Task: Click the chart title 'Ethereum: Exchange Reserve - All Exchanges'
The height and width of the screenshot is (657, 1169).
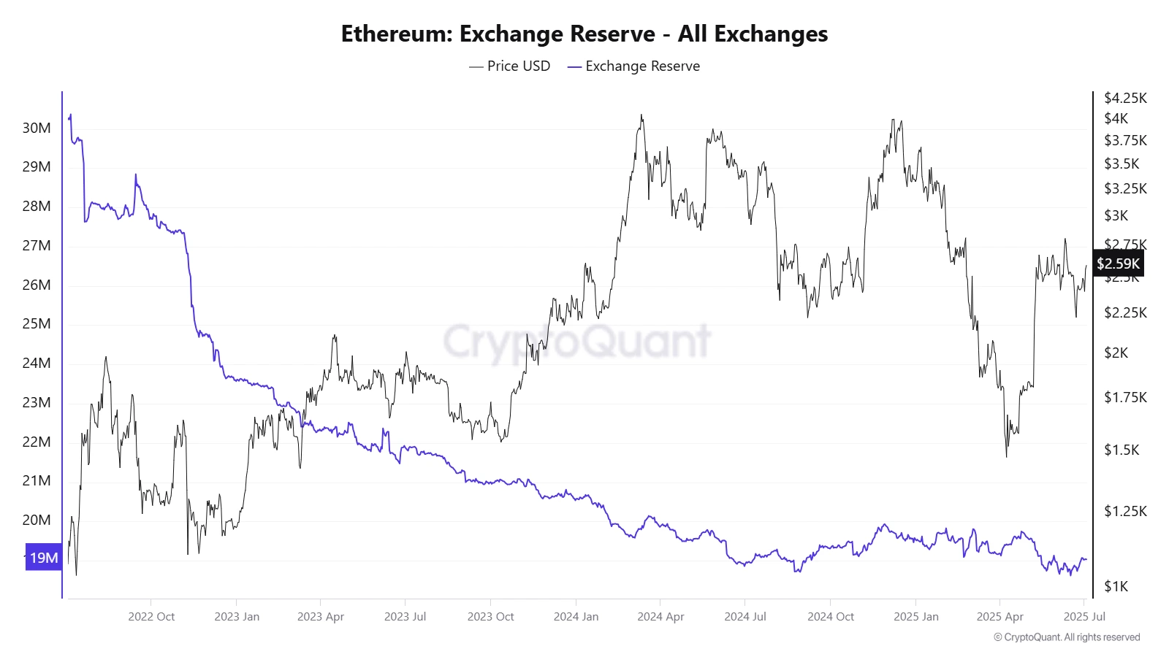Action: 584,34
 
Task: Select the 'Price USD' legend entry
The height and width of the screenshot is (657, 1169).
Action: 510,66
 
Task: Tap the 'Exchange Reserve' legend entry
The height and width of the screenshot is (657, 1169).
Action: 633,66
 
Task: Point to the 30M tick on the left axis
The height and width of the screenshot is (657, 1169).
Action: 37,128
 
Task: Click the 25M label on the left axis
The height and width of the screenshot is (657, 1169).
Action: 37,323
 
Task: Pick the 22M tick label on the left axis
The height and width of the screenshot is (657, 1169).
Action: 37,442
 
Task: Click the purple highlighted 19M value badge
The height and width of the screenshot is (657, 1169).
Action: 43,558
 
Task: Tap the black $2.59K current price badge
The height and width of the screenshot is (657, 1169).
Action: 1118,264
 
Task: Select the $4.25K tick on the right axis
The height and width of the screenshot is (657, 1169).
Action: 1125,98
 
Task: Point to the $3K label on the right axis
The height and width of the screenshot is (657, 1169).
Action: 1116,215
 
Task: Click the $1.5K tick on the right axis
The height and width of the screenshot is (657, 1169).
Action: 1122,450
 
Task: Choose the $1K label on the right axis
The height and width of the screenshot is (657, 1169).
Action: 1116,586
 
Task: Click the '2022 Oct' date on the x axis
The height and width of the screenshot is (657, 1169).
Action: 151,616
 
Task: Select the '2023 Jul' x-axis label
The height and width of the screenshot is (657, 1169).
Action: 405,616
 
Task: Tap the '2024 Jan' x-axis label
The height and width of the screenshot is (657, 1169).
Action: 576,616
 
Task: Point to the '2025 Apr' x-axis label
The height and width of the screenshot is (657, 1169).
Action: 999,616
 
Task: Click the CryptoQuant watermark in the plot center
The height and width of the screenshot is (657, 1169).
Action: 577,341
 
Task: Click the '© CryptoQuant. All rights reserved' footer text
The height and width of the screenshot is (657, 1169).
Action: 1067,637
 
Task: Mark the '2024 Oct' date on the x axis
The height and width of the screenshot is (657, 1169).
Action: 831,616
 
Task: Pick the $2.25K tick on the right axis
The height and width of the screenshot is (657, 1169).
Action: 1125,312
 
